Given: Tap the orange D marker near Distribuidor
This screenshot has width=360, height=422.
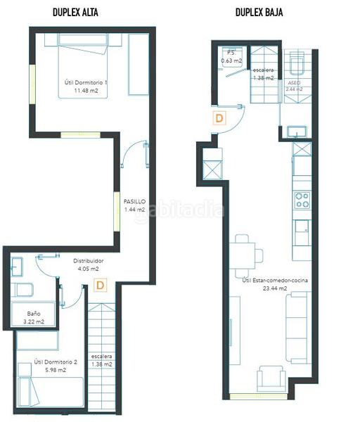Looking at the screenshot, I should click(101, 286).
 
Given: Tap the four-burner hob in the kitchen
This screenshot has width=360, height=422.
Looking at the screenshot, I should click(302, 200).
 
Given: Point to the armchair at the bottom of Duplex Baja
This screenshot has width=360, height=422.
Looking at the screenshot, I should click(270, 379).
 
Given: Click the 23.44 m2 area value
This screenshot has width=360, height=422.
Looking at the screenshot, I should click(274, 288).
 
